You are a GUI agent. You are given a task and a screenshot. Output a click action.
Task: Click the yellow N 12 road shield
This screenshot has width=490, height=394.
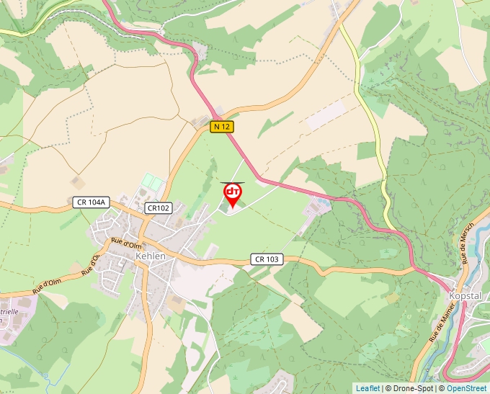click(222, 127)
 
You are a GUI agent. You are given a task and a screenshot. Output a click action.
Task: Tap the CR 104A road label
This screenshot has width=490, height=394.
click(91, 203)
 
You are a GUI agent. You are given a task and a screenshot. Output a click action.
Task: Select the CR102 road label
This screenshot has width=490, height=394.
click(158, 208)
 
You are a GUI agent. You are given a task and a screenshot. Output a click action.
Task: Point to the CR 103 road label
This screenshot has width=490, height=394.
click(267, 259)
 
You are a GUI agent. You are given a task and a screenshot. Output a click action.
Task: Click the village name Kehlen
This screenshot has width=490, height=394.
click(151, 256)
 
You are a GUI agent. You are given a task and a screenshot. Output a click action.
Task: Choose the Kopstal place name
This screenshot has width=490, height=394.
click(464, 296)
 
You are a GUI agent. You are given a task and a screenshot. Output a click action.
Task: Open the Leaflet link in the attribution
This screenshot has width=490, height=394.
click(367, 388)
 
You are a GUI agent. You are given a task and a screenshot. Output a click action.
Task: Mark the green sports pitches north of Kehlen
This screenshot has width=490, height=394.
click(152, 181)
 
